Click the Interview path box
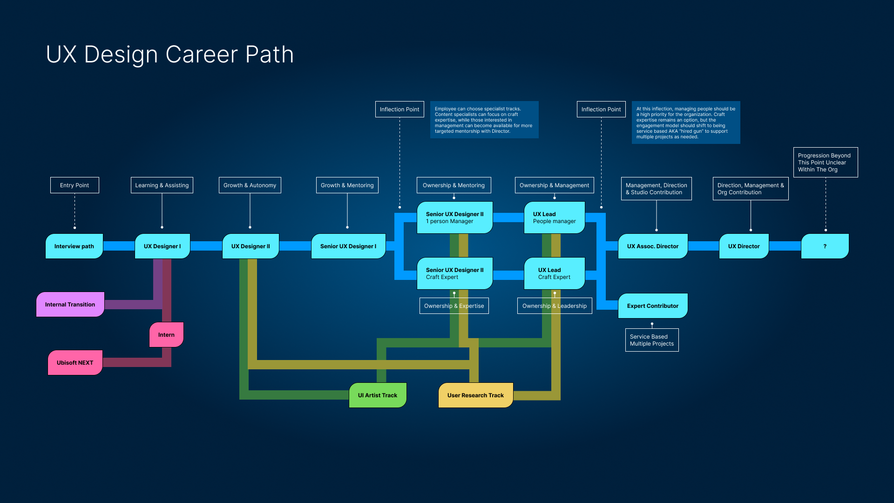pyautogui.click(x=74, y=246)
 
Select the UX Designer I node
pyautogui.click(x=163, y=246)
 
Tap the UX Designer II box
pyautogui.click(x=251, y=246)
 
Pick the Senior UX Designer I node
pyautogui.click(x=348, y=246)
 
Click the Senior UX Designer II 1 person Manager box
pyautogui.click(x=455, y=218)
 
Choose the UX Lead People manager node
pyautogui.click(x=555, y=218)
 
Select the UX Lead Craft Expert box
pyautogui.click(x=555, y=273)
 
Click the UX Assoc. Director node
pyautogui.click(x=653, y=246)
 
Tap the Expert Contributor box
pyautogui.click(x=653, y=306)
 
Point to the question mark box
pyautogui.click(x=825, y=246)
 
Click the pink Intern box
pyautogui.click(x=166, y=334)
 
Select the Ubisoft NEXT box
pyautogui.click(x=75, y=362)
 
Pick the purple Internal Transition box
pyautogui.click(x=70, y=304)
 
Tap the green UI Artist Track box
pyautogui.click(x=378, y=395)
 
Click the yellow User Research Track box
pyautogui.click(x=475, y=395)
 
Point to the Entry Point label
pyautogui.click(x=74, y=185)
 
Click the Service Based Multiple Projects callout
pyautogui.click(x=652, y=340)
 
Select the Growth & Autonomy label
pyautogui.click(x=250, y=185)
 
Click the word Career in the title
pyautogui.click(x=202, y=54)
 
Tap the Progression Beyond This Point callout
pyautogui.click(x=826, y=162)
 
